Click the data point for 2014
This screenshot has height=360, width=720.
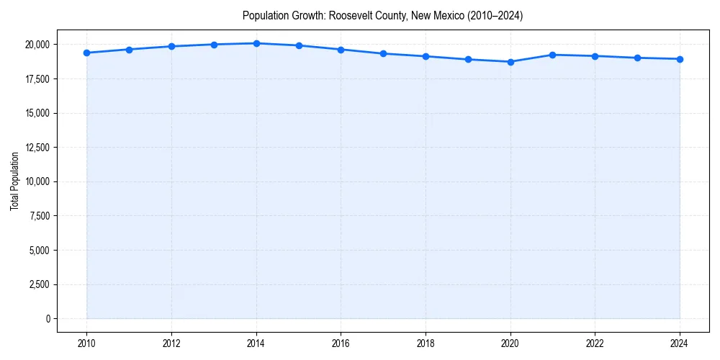256,43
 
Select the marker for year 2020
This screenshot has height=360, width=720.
510,62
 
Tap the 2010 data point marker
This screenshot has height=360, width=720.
86,53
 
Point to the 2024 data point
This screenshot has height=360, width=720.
680,59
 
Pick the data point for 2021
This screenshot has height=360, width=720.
553,55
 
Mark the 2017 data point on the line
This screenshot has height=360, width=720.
383,53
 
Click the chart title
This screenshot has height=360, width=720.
382,15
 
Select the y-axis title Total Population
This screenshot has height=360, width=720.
14,181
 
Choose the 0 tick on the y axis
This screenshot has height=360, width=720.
48,319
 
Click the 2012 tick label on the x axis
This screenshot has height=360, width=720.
171,343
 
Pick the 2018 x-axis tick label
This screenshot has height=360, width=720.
426,343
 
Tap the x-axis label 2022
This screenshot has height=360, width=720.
595,343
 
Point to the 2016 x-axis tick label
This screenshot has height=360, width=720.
341,343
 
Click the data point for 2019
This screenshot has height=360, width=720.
468,60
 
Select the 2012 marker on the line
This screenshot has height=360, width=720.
171,46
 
